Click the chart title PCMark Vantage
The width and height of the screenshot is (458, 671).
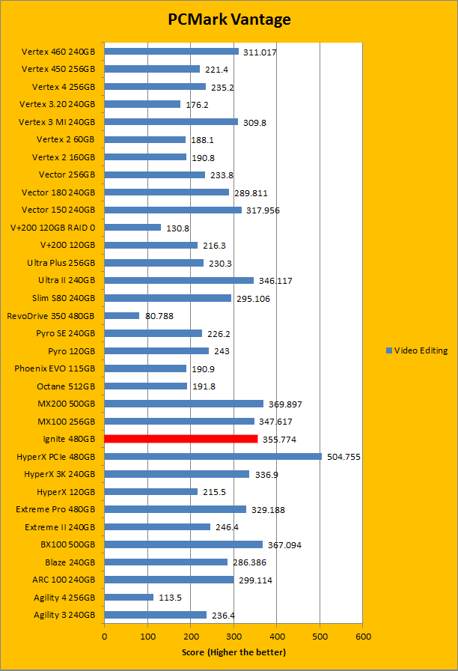click(228, 19)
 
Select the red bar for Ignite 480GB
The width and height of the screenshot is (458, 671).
click(181, 439)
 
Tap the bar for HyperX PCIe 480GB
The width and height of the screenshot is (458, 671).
click(213, 456)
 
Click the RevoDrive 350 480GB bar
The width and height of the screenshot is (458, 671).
click(122, 315)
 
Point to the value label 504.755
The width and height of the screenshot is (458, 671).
click(344, 457)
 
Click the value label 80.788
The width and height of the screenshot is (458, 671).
click(159, 316)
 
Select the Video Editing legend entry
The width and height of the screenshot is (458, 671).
click(417, 350)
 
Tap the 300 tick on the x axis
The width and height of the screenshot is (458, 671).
click(233, 636)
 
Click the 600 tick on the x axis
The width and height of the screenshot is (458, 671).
click(363, 636)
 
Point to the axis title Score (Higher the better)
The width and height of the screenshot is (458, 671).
click(233, 652)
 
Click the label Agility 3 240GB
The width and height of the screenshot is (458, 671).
click(64, 615)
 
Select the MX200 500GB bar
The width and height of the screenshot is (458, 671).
click(184, 404)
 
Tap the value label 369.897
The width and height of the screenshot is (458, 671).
click(284, 404)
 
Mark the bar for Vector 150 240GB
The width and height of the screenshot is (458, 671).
click(173, 210)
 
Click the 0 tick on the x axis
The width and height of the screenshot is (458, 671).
click(105, 636)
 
